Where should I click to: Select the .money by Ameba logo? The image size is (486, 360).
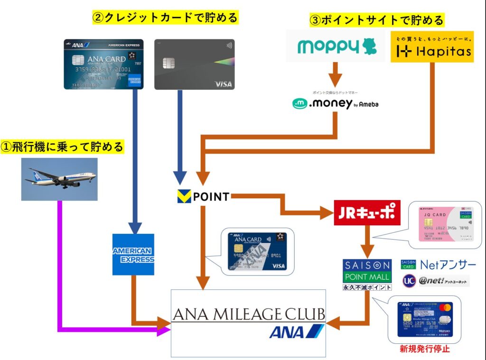click(x=335, y=103)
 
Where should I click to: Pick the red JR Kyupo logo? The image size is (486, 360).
click(x=367, y=212)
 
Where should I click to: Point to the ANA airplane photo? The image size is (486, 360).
click(x=59, y=179)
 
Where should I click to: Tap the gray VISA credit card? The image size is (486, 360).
click(x=195, y=64)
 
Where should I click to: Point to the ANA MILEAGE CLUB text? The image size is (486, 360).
click(x=248, y=314)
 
